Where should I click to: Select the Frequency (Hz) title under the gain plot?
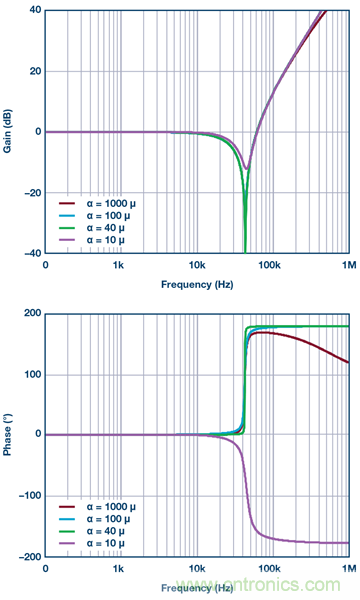click(x=197, y=284)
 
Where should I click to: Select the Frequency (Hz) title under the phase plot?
click(x=197, y=588)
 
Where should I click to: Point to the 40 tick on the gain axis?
click(x=32, y=10)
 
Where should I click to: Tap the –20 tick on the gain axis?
click(x=30, y=193)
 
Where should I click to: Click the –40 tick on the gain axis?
click(x=30, y=254)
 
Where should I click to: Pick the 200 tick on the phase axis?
click(x=30, y=314)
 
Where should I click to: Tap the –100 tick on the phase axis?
click(x=28, y=496)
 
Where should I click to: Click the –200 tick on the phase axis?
click(x=28, y=557)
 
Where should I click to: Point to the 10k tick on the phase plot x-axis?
click(x=196, y=571)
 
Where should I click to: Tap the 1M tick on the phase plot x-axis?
click(x=346, y=571)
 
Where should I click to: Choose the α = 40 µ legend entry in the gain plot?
click(x=95, y=227)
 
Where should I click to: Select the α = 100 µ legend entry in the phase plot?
click(x=96, y=518)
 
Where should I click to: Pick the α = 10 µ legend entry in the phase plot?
click(x=95, y=544)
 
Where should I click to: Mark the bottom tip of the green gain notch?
click(x=245, y=252)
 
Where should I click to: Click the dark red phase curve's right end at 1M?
click(x=347, y=363)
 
